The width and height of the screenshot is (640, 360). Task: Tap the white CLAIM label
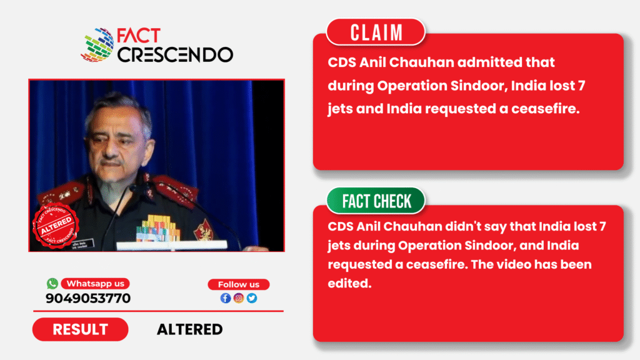point(376,32)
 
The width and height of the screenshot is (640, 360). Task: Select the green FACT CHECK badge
point(376,201)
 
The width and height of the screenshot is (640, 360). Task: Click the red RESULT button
point(81,329)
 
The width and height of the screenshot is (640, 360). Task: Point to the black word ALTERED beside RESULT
point(190,329)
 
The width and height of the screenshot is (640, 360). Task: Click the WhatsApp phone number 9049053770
point(88,298)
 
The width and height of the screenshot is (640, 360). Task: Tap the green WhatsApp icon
point(52,283)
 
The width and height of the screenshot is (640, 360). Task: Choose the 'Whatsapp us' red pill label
point(96,284)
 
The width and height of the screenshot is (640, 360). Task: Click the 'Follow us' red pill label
point(239,284)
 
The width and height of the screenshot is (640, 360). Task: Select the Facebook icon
point(226,298)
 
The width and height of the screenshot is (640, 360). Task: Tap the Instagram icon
point(239,298)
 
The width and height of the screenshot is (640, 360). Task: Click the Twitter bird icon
point(252,298)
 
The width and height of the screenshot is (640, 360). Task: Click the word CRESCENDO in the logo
point(176,55)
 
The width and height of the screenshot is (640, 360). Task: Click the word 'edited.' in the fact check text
point(350,283)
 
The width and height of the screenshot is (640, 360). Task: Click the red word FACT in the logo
point(139,36)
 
